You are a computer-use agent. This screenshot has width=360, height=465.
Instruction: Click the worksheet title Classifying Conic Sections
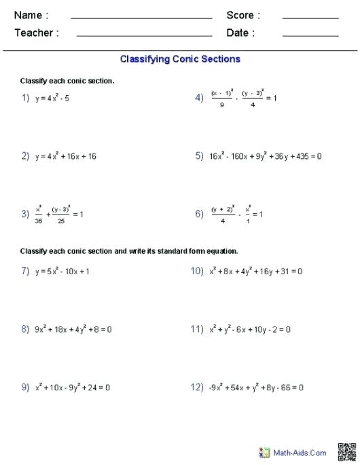click(180, 59)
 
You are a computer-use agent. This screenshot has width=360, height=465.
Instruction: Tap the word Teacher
click(36, 33)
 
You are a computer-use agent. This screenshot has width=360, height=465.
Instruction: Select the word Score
click(242, 15)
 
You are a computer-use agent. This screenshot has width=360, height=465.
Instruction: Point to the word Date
click(240, 33)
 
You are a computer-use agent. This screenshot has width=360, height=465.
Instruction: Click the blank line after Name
click(141, 18)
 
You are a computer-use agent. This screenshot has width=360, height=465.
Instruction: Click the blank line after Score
click(310, 18)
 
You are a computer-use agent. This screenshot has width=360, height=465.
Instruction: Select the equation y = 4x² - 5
click(52, 98)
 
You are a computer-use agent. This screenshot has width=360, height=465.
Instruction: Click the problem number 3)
click(24, 214)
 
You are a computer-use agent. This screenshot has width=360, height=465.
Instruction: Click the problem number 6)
click(199, 214)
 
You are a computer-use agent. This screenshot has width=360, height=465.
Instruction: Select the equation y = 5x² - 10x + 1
click(62, 272)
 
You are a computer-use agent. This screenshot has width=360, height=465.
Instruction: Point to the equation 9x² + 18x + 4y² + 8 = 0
click(73, 329)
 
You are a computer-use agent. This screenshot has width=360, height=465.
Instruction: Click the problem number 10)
click(197, 272)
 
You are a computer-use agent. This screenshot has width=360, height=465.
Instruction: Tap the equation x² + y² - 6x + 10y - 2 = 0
click(250, 329)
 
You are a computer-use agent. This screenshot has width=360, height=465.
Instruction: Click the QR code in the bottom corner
click(346, 451)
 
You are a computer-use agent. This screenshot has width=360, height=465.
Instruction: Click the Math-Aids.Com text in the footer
click(300, 453)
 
